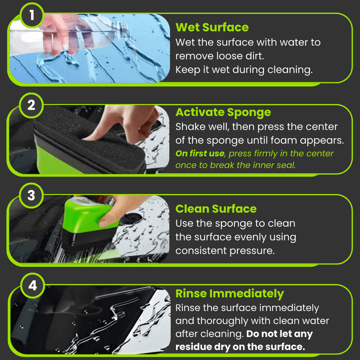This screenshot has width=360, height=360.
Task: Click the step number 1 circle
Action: point(32,15)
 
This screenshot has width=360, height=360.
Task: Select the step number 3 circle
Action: point(32,195)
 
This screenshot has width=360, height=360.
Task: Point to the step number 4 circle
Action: point(33,285)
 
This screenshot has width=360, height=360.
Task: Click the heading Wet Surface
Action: point(212,28)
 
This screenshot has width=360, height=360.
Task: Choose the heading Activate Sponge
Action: point(223,112)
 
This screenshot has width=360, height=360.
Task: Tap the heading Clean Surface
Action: point(216,209)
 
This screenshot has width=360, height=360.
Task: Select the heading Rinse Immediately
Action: point(229,294)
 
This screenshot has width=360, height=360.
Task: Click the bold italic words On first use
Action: point(199,154)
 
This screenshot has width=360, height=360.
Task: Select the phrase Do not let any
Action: point(279,334)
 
